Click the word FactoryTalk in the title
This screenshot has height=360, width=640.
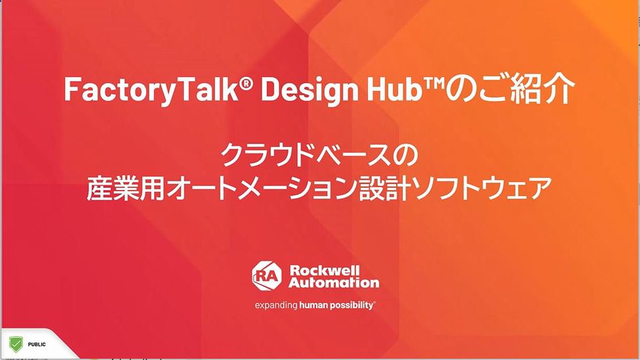coord(151,89)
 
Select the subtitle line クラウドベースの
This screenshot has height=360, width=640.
coord(319,155)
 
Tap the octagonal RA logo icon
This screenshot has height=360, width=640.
coord(266,276)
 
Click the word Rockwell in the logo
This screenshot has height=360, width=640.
coord(325,270)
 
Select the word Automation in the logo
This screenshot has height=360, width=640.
coord(334,282)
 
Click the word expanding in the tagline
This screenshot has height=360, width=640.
coord(276,306)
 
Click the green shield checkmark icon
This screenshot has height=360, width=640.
coord(16,345)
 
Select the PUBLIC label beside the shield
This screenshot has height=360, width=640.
coord(37,345)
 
